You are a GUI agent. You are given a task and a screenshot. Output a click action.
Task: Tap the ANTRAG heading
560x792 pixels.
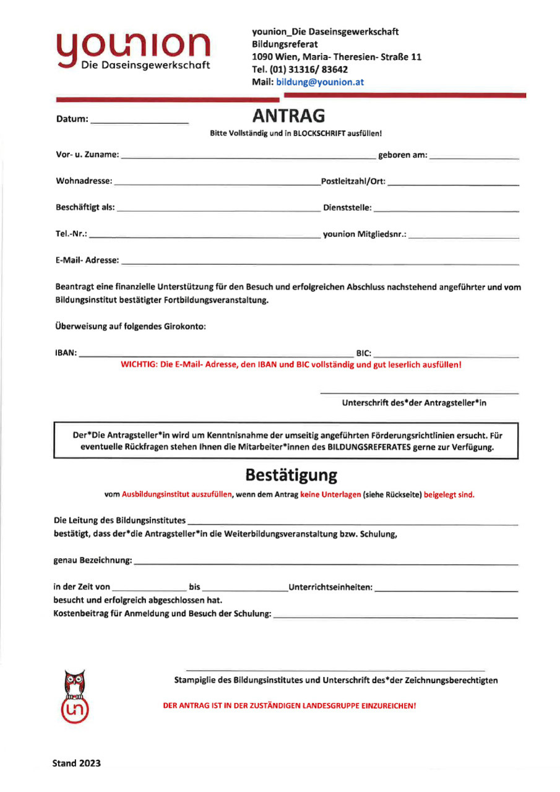click(x=289, y=116)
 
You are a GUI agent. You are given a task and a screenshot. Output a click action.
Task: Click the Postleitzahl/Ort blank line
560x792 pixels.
click(x=454, y=183)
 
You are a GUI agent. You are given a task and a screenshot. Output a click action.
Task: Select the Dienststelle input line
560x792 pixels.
click(x=446, y=210)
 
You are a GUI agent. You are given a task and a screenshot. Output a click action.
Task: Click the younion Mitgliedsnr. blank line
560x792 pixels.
click(x=463, y=236)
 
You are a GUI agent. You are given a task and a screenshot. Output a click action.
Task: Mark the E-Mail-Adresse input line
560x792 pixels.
click(x=320, y=263)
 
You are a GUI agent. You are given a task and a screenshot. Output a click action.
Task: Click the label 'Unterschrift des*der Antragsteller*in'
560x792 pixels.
click(x=414, y=403)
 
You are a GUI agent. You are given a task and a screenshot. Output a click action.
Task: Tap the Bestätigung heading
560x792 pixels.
click(x=291, y=475)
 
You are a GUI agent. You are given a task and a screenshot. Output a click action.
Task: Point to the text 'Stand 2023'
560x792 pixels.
click(x=77, y=763)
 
